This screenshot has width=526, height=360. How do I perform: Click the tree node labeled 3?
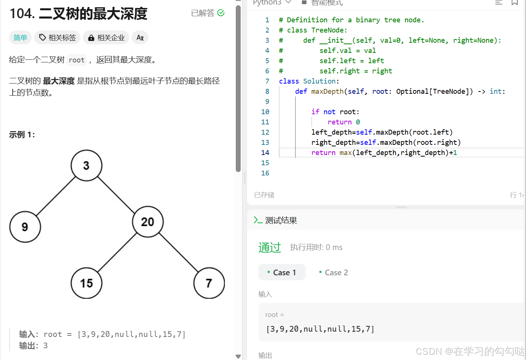coord(86,166)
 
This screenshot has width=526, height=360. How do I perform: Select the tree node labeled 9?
coord(25,227)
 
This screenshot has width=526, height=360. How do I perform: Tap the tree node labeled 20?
coord(148,222)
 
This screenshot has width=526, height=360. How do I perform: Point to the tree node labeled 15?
coord(87,283)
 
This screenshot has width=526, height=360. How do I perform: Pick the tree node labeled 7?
coord(209,283)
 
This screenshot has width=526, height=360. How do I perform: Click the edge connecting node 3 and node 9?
coord(56,196)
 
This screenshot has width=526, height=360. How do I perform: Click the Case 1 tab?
coord(282,273)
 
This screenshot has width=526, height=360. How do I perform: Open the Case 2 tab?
coord(333,273)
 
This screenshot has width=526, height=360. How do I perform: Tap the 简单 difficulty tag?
coord(20,38)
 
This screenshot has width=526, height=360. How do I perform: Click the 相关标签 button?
coord(57,38)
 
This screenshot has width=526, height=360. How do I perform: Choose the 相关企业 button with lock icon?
coord(106,38)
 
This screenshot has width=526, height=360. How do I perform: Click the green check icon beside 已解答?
coord(221,13)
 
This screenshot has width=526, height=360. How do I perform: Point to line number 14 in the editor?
coord(265,153)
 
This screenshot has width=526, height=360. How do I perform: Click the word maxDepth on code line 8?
coord(327,92)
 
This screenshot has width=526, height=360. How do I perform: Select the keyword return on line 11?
coord(339,122)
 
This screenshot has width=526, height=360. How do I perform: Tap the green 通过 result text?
coord(270,247)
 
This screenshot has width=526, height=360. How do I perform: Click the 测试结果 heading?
coord(281,220)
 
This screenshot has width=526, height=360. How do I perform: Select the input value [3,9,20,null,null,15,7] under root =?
coord(320,329)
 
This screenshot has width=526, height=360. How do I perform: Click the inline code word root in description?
coord(77,60)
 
